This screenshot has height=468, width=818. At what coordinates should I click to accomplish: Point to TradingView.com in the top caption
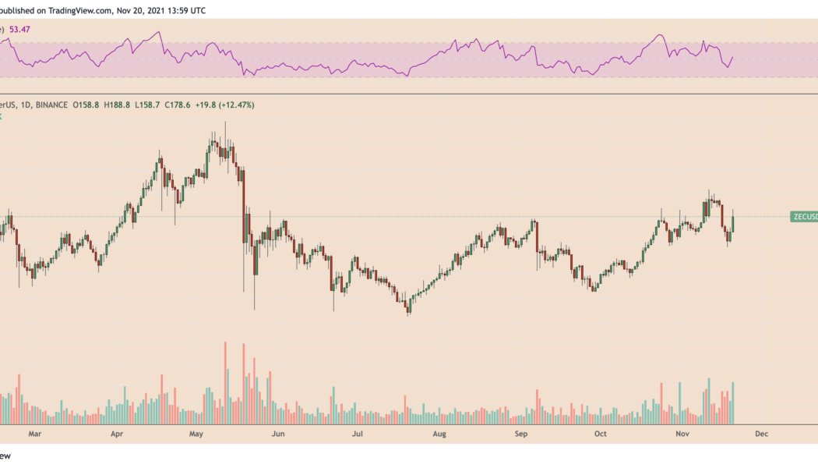tap(83, 10)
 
